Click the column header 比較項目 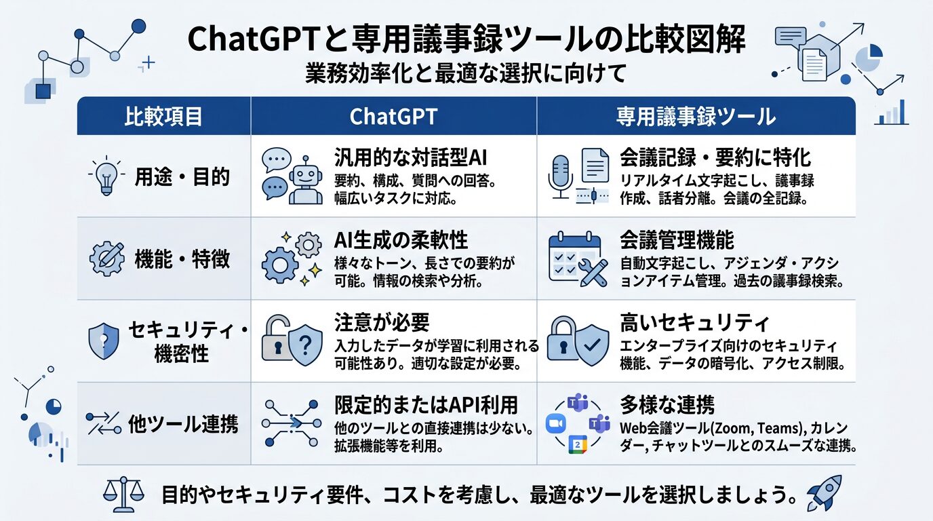point(163,117)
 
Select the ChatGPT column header point(393,117)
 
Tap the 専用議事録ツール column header point(696,117)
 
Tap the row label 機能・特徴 point(182,259)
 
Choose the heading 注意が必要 point(382,322)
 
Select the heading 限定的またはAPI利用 point(426,405)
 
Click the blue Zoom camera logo point(557,424)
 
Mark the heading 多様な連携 point(667,405)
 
